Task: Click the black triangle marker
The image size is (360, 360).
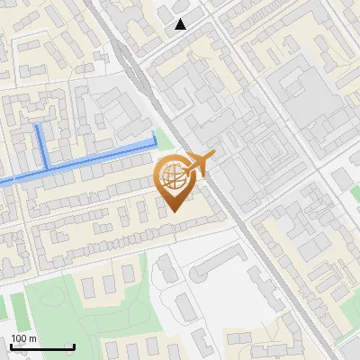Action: pyautogui.click(x=181, y=24)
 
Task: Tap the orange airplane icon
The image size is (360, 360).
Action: pyautogui.click(x=200, y=165)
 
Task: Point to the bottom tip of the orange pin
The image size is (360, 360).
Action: pyautogui.click(x=174, y=211)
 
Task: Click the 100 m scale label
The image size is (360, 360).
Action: pyautogui.click(x=24, y=338)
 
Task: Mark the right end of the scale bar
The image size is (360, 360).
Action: pyautogui.click(x=74, y=346)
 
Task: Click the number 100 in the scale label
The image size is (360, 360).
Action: pyautogui.click(x=19, y=338)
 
